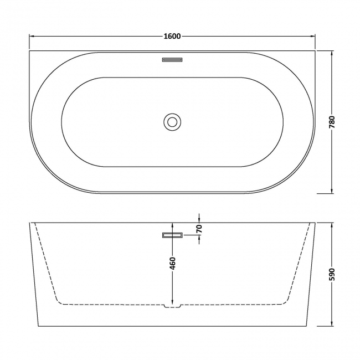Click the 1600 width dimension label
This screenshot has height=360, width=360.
(x=172, y=37)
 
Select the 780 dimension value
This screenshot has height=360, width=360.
(x=332, y=123)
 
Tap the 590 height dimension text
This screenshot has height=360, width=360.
(x=332, y=274)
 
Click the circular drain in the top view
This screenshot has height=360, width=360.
(x=172, y=122)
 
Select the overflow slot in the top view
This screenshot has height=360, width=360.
(x=172, y=59)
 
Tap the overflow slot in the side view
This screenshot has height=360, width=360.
(x=172, y=235)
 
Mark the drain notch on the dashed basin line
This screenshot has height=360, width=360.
(x=172, y=305)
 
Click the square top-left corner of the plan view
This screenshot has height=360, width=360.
(x=30, y=52)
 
